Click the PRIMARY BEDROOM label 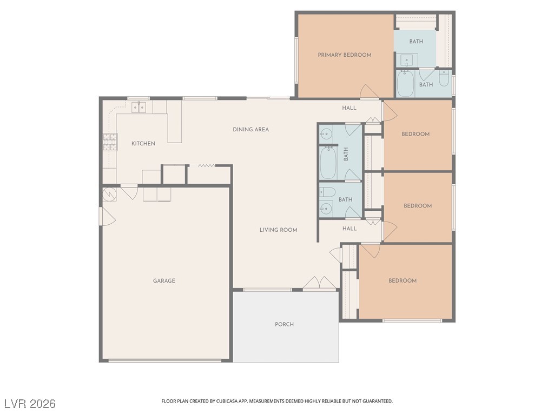pyautogui.click(x=345, y=55)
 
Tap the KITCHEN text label pyautogui.click(x=143, y=144)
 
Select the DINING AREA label pyautogui.click(x=250, y=130)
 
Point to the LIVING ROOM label pyautogui.click(x=278, y=230)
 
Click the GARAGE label pyautogui.click(x=163, y=281)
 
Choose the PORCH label pyautogui.click(x=284, y=325)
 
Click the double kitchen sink pyautogui.click(x=138, y=107)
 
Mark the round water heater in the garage pyautogui.click(x=109, y=194)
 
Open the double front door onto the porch pyautogui.click(x=320, y=284)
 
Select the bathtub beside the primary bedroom pyautogui.click(x=405, y=84)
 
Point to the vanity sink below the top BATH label pyautogui.click(x=406, y=59)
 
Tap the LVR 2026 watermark pyautogui.click(x=30, y=404)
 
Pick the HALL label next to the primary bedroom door pyautogui.click(x=349, y=108)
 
